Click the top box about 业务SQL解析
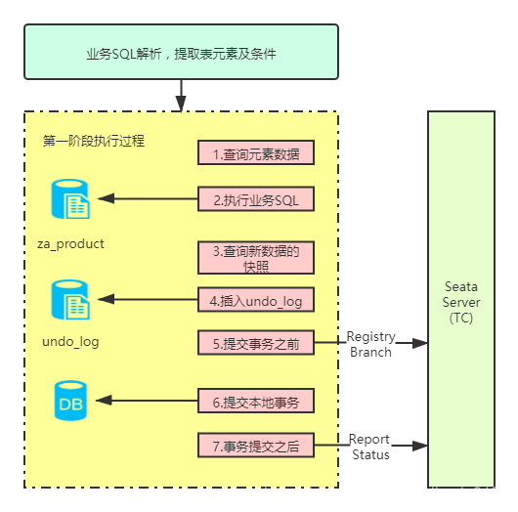point(181,53)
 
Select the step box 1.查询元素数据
point(256,153)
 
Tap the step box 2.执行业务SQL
point(256,199)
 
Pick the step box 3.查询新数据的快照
point(256,259)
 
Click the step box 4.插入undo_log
point(256,300)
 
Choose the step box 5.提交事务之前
point(256,344)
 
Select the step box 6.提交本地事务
point(256,401)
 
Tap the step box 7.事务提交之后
point(256,447)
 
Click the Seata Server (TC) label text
point(461,302)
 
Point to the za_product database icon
point(70,199)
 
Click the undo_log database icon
point(70,300)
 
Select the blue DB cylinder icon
point(70,401)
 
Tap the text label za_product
point(70,243)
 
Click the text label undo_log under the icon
point(70,342)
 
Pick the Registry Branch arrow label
point(370,344)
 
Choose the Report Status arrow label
point(370,447)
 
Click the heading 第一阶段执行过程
point(94,141)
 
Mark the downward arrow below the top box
point(181,95)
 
